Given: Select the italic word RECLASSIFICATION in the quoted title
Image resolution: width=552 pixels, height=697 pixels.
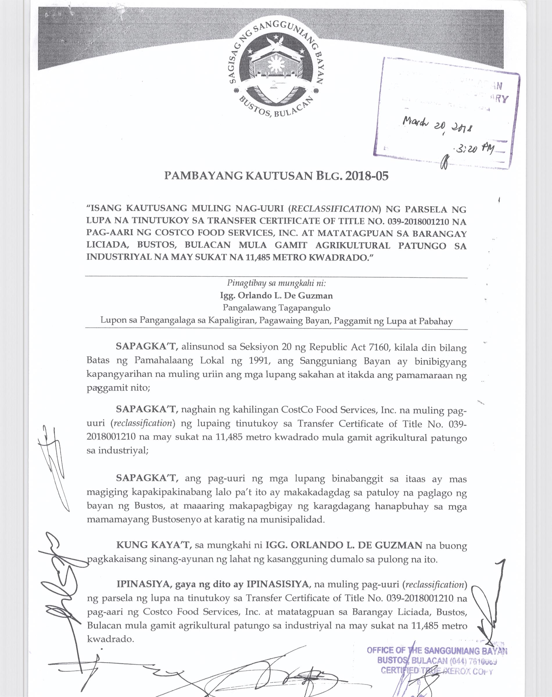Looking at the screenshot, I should point(334,209).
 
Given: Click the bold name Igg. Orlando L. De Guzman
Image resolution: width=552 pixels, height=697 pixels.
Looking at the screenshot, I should point(276,296).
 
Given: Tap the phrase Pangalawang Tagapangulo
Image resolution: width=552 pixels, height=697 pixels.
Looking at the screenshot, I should point(276,308).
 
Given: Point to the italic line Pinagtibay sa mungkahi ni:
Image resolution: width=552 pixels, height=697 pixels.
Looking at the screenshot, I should point(276,283).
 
